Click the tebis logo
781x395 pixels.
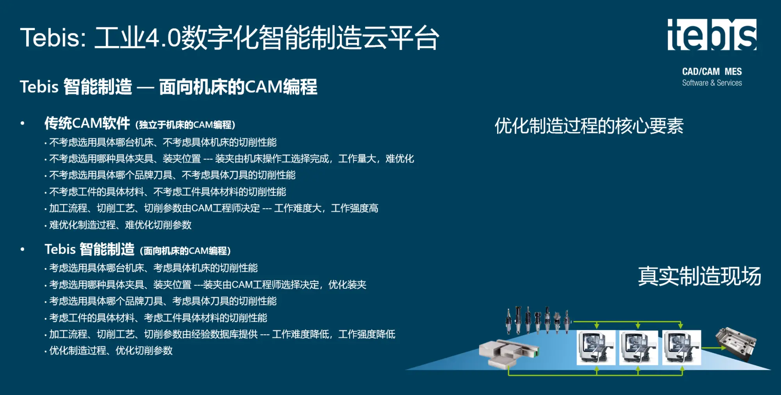[712, 35]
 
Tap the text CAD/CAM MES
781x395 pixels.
[712, 71]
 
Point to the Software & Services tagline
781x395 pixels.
[712, 83]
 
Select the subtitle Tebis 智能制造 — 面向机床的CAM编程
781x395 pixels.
[168, 87]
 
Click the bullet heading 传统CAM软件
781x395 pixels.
[87, 123]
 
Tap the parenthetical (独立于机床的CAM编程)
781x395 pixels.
[185, 125]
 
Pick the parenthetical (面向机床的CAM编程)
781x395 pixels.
[185, 250]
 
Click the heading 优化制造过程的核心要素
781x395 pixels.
[589, 126]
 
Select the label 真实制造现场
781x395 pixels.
[699, 276]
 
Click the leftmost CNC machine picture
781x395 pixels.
[596, 347]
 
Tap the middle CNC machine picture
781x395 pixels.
[638, 347]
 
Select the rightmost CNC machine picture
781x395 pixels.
[681, 347]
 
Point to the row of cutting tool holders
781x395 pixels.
[538, 320]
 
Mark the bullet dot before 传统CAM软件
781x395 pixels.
[23, 123]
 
